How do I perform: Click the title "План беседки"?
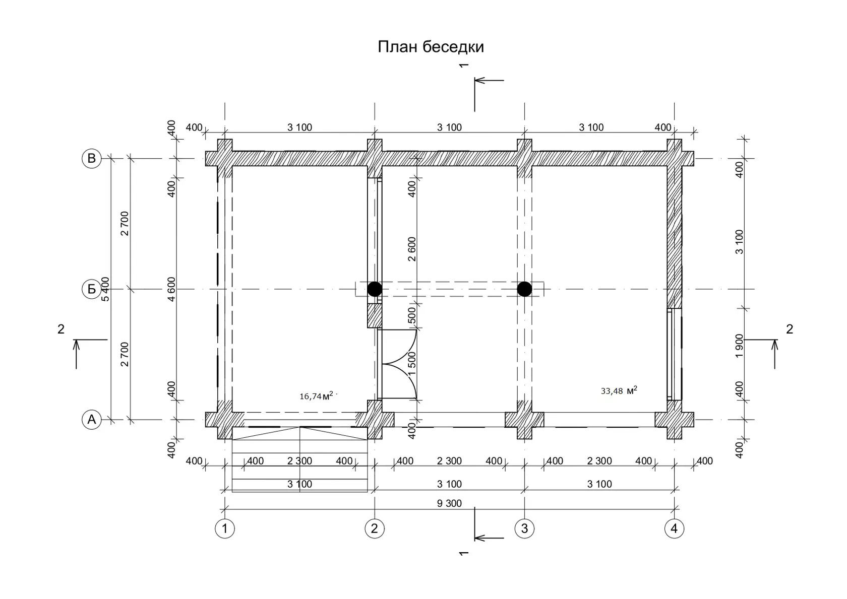[431, 47]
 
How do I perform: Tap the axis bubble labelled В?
[92, 158]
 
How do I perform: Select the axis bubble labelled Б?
[92, 289]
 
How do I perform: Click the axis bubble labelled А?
[92, 420]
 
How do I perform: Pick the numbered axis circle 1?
[225, 528]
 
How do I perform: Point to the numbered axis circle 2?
[374, 528]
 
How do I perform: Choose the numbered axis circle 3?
[524, 528]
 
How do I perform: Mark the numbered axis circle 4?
[674, 528]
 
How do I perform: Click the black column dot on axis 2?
[375, 289]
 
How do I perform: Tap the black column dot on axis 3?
[524, 289]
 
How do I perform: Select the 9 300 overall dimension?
[449, 503]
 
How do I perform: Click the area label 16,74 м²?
[317, 395]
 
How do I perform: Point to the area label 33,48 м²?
[619, 390]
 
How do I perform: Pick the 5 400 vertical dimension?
[105, 289]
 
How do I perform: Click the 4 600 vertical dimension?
[171, 289]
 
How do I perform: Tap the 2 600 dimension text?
[412, 249]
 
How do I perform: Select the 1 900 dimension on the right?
[739, 346]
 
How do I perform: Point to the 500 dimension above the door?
[412, 315]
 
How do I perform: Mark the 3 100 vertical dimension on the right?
[739, 242]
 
